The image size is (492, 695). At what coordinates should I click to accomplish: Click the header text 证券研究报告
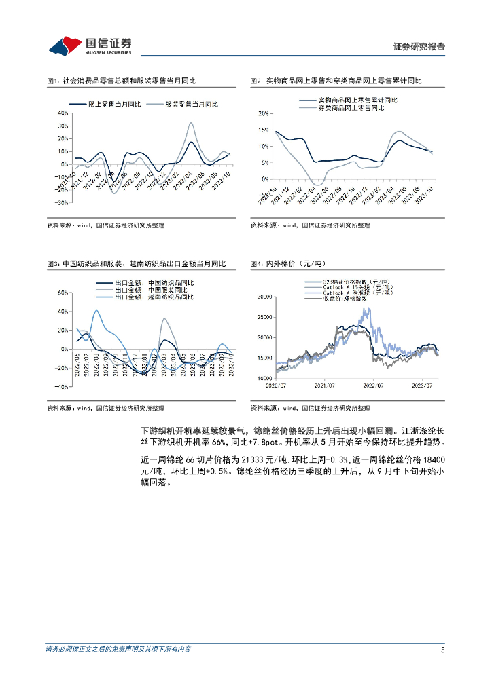420,47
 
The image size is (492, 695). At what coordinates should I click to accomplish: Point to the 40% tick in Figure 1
62,113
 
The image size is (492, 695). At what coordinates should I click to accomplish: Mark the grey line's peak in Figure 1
191,124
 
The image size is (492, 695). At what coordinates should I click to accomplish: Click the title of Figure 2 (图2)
336,81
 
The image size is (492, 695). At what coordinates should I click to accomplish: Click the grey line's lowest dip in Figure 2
315,185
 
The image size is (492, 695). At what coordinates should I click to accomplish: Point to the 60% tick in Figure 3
62,293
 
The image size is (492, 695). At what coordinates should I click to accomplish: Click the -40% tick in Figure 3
61,387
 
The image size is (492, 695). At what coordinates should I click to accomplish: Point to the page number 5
442,650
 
